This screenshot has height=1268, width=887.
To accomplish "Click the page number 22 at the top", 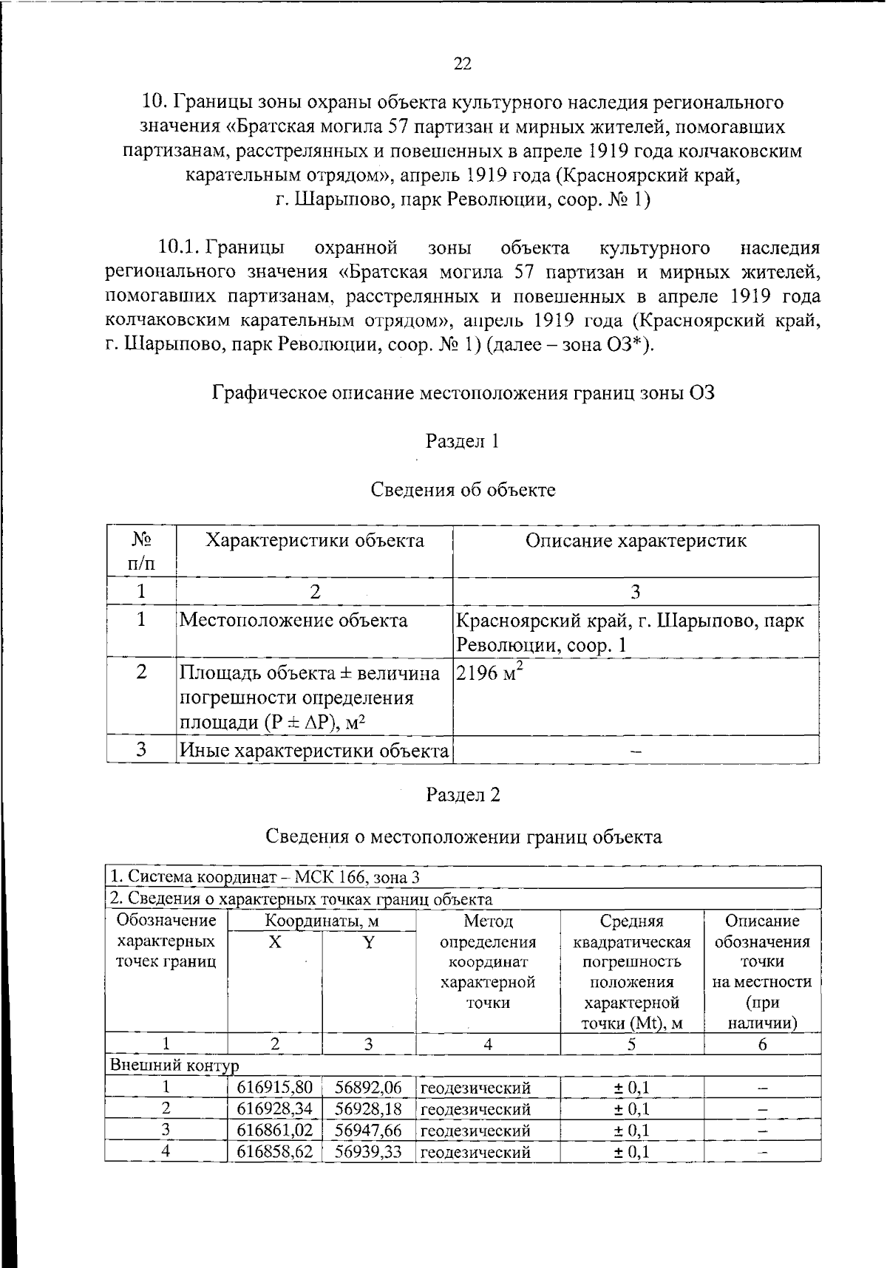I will (462, 64).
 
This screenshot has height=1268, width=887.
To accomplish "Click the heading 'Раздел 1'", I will (463, 441).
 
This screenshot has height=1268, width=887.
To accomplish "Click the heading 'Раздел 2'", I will (463, 794).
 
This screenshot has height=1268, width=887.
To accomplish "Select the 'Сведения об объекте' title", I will (463, 489).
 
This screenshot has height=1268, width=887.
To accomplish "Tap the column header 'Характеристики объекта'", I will (314, 540).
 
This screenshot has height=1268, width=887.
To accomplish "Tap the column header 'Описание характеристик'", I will (636, 540).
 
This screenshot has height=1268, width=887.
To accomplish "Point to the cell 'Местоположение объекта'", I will (293, 620).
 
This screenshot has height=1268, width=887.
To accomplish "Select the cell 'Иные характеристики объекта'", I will (314, 750).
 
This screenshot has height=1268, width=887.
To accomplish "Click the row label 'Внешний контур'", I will (174, 1066).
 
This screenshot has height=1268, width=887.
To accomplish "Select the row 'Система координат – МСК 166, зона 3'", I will (265, 877).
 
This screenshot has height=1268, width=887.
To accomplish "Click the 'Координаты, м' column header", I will (322, 921).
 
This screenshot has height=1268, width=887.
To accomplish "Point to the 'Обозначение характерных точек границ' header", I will (166, 941).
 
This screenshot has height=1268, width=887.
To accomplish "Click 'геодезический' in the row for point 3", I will (475, 1131).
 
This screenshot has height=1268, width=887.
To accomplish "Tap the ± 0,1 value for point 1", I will (632, 1088).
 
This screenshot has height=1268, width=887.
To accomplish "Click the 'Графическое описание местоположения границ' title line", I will (463, 392).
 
